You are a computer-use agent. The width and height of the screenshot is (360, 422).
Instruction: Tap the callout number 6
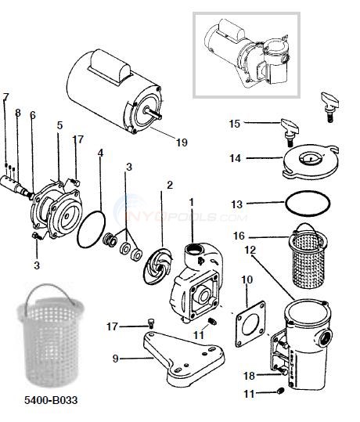point(32,115)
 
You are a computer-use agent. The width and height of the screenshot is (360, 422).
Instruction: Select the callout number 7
point(6,97)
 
